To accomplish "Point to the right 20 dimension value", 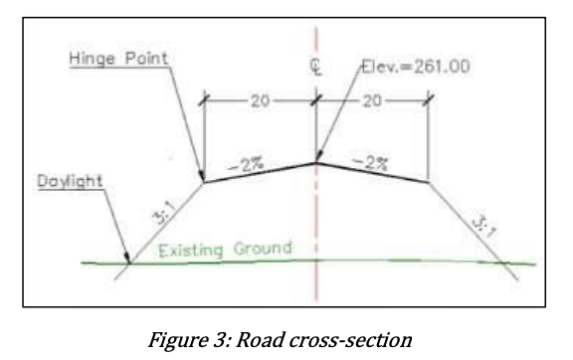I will coord(372,100).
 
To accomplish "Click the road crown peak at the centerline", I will coord(315,161).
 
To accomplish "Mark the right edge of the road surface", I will coord(428,182).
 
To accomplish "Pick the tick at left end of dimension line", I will coord(204,100).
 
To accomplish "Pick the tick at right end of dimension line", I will coord(428,99).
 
